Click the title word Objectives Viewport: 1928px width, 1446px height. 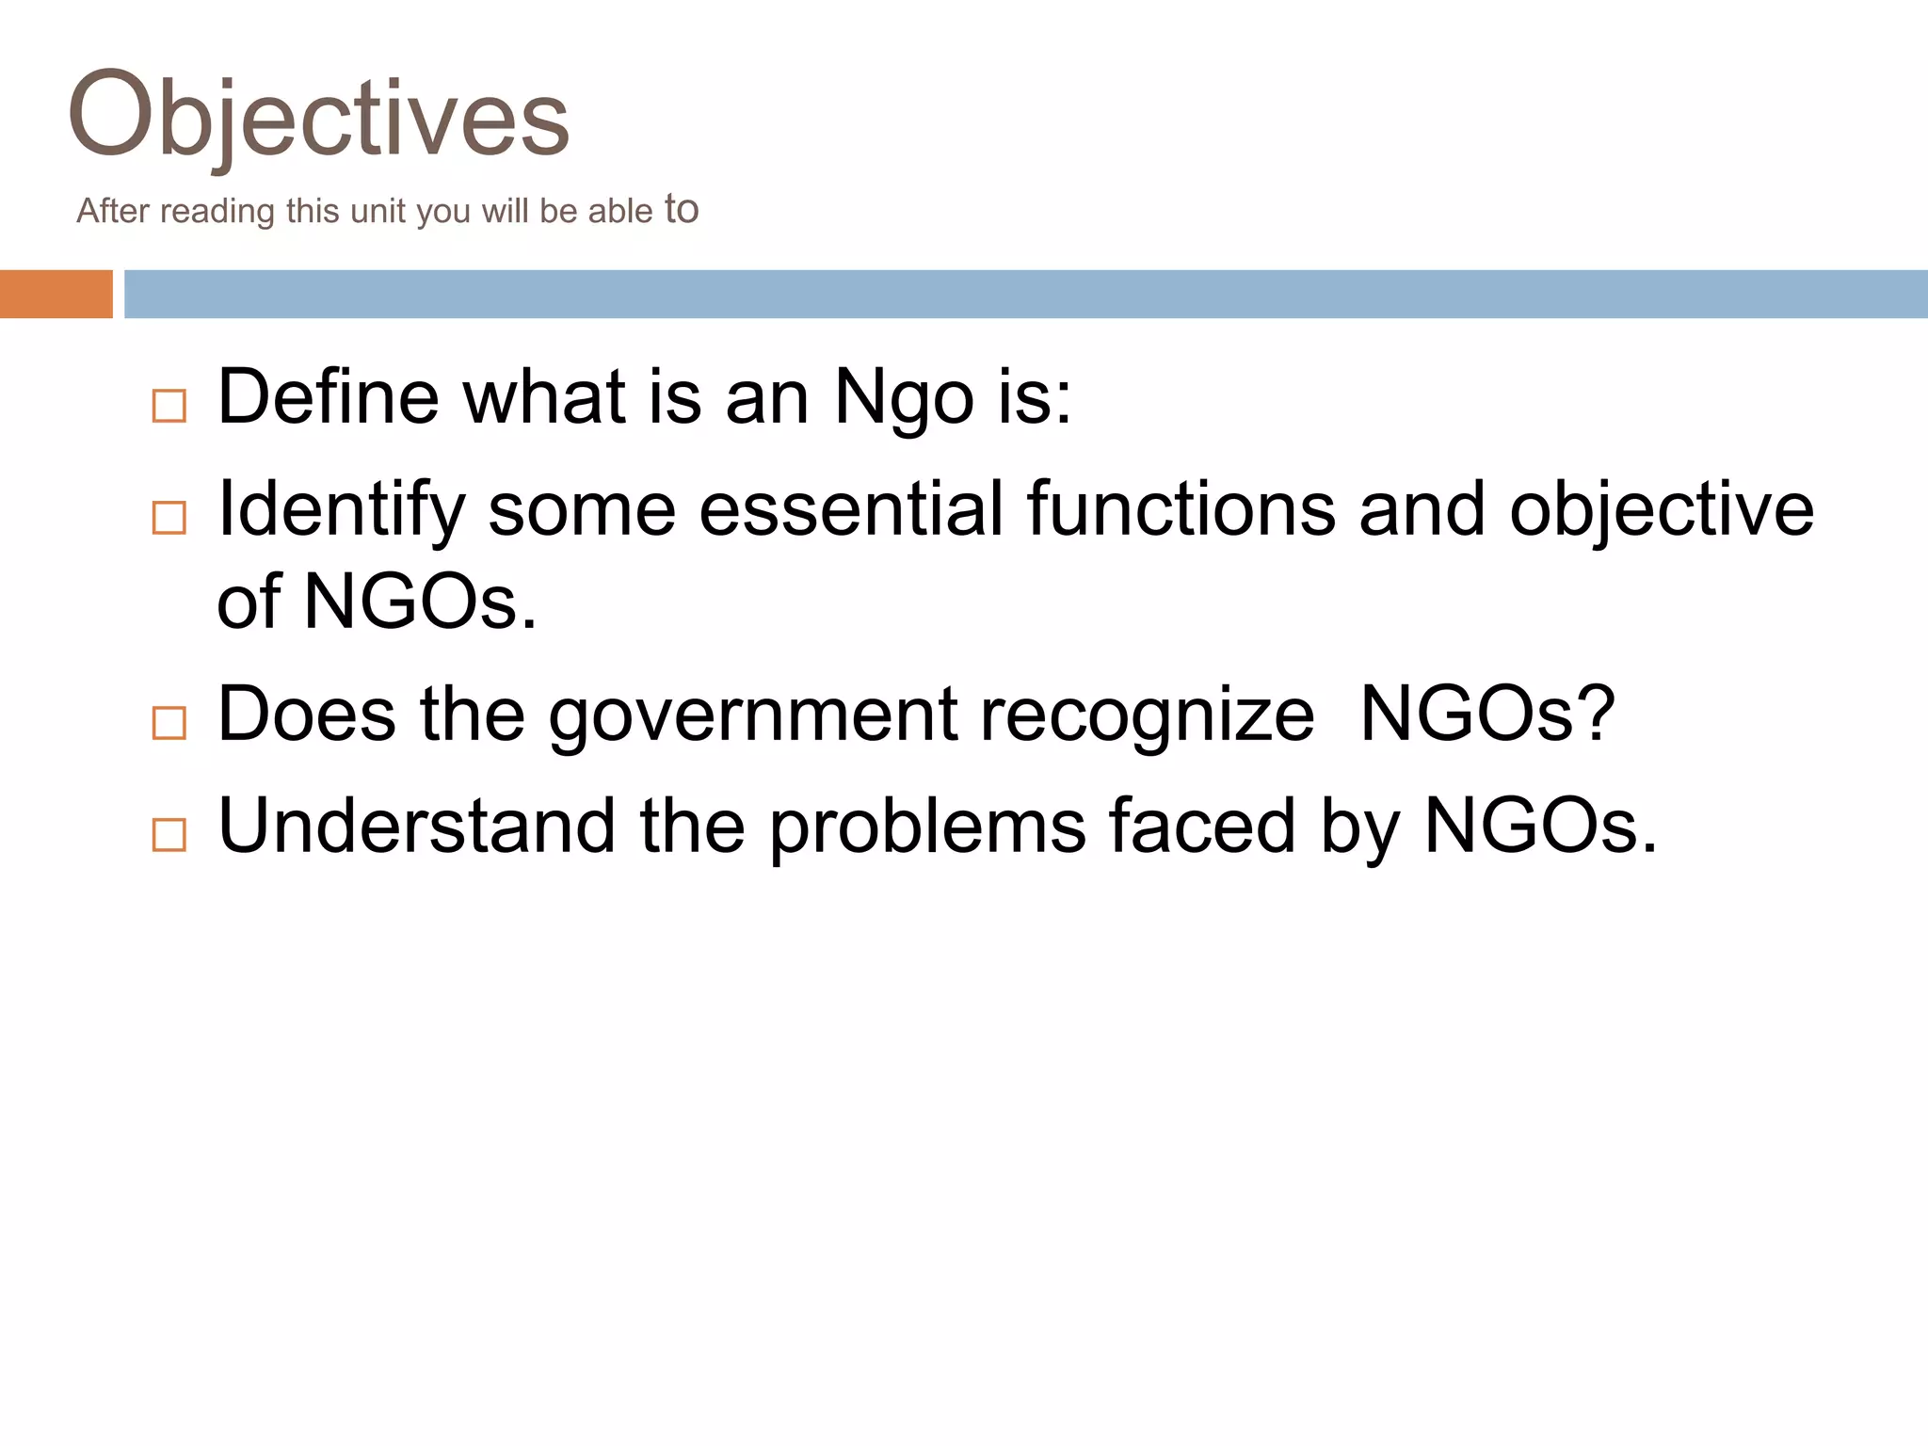point(319,116)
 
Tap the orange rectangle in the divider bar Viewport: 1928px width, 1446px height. point(56,294)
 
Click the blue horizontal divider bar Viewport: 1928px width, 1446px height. point(1025,294)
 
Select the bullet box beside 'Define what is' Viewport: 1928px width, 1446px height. point(169,407)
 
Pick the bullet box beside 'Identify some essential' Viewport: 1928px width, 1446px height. point(169,518)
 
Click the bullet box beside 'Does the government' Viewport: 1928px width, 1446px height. point(169,723)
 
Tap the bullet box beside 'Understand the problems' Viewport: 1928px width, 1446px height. point(169,834)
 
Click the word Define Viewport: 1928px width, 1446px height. point(328,396)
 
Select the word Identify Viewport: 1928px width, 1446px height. point(341,510)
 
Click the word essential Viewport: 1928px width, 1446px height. point(851,508)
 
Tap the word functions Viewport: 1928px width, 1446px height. point(1181,508)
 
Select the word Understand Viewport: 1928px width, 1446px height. point(416,825)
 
